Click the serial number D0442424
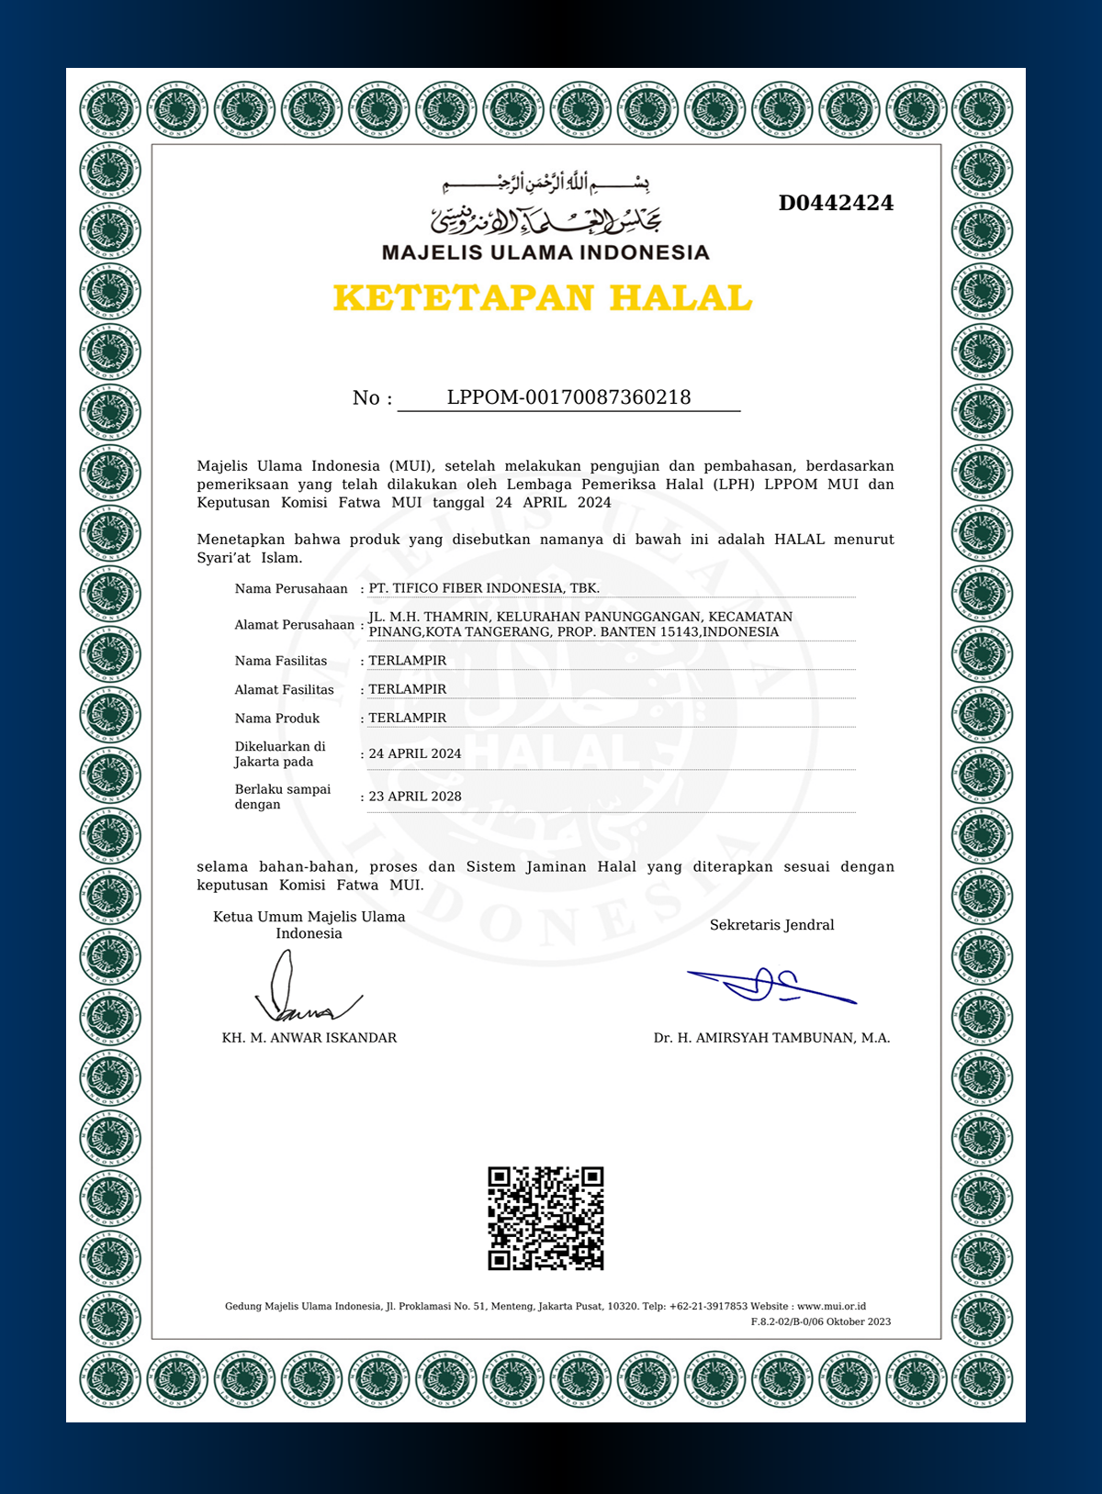point(836,203)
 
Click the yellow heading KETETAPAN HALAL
point(543,298)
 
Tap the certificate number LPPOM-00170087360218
point(568,397)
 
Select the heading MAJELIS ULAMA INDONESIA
point(545,252)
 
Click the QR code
point(545,1218)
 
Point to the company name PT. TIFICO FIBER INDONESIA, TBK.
point(484,588)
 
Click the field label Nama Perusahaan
point(291,589)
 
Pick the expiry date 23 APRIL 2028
point(415,797)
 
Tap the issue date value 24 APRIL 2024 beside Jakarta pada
point(415,753)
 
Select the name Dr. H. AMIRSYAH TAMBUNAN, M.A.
point(771,1038)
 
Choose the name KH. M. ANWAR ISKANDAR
point(309,1038)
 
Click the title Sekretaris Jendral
point(771,925)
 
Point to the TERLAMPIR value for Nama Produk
point(408,718)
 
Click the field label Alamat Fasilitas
point(284,690)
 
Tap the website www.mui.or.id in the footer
point(831,1306)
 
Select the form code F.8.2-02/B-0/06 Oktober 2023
point(820,1321)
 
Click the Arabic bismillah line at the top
point(545,184)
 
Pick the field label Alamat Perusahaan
point(294,625)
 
